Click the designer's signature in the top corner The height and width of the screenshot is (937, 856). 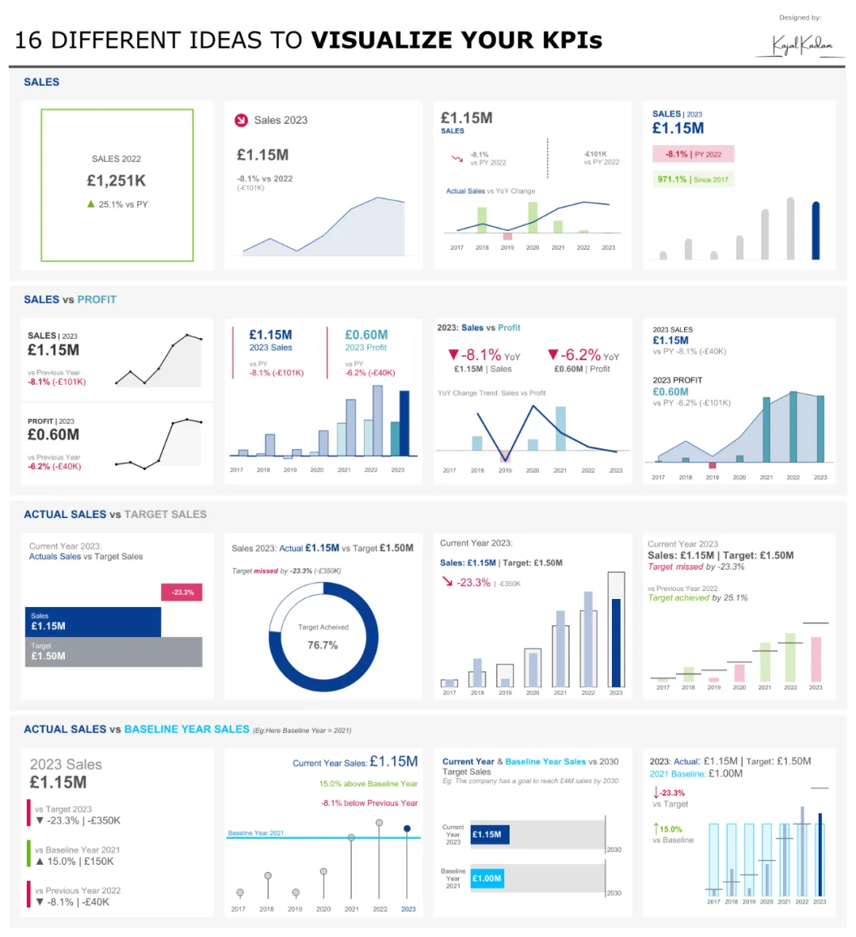(x=803, y=45)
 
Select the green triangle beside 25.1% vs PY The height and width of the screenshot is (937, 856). (x=91, y=204)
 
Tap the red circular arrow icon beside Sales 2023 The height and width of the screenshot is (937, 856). (x=241, y=121)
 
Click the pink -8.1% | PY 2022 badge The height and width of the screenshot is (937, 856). (x=693, y=154)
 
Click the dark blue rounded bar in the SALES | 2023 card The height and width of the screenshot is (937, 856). (x=816, y=231)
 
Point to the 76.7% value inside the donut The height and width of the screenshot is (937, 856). (x=323, y=645)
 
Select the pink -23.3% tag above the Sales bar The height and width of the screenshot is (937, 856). (x=182, y=592)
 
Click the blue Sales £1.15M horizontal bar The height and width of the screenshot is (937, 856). (x=93, y=622)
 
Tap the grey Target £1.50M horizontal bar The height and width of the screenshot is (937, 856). (x=113, y=652)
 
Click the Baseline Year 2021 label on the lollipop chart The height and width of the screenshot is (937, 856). (x=255, y=833)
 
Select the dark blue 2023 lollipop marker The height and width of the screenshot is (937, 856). (x=407, y=828)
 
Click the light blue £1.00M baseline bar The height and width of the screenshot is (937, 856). (x=487, y=878)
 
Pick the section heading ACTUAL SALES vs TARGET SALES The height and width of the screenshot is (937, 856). (x=115, y=514)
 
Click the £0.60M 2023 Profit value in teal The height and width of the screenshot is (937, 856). (x=366, y=335)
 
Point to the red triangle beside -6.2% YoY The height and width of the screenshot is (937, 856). (x=553, y=355)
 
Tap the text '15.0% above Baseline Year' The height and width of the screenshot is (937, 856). (x=368, y=784)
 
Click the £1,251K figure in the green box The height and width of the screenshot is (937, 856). (x=117, y=181)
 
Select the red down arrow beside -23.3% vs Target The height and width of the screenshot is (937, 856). (x=655, y=793)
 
